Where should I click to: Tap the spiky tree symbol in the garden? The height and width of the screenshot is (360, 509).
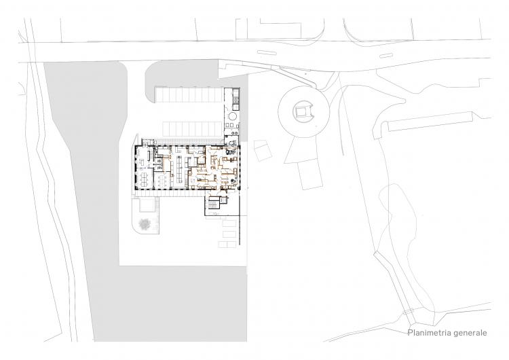pos(145,225)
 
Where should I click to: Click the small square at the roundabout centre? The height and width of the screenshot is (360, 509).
pos(303,112)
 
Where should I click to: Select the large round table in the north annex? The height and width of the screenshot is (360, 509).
pos(233,116)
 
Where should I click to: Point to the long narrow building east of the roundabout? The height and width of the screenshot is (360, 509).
pos(430,121)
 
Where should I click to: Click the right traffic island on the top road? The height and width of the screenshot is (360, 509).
pos(386,56)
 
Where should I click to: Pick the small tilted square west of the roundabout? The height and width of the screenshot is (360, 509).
pos(262,150)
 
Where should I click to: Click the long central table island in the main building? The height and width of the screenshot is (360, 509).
pos(179,168)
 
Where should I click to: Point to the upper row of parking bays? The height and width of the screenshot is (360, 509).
pos(189,94)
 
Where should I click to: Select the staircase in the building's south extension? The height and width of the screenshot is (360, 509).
pos(214,204)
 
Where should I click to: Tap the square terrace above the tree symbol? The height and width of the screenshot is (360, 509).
pos(145,205)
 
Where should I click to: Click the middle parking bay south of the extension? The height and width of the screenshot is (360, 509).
pos(229,234)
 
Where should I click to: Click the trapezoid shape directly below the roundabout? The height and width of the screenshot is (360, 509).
pos(301,149)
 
